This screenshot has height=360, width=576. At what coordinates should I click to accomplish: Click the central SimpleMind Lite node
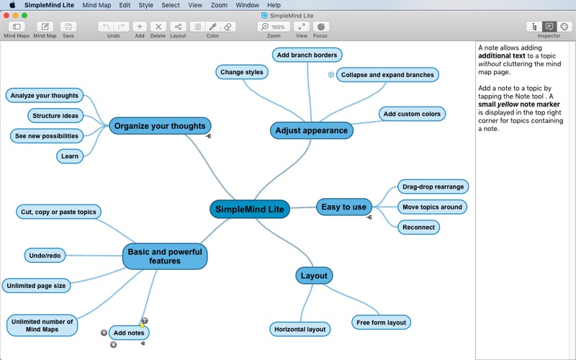250,209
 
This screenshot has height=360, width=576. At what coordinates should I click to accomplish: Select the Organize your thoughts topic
160,126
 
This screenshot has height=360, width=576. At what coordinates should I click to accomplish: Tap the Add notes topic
129,333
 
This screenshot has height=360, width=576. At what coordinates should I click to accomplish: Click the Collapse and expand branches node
387,75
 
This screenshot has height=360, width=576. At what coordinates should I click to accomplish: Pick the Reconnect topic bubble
418,228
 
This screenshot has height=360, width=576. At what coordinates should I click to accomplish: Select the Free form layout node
381,323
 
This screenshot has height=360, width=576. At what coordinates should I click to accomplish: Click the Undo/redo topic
45,256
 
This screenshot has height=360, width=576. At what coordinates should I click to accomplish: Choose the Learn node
70,156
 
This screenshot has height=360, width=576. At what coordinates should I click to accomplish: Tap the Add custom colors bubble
412,114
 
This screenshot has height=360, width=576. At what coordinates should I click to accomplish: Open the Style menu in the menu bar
146,5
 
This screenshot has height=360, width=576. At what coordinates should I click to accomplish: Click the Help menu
274,5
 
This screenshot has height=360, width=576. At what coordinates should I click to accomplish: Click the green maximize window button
24,15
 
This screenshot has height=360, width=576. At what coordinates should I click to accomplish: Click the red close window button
6,15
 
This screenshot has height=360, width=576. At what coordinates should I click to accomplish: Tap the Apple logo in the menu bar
12,5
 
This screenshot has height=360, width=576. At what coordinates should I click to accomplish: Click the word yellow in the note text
508,104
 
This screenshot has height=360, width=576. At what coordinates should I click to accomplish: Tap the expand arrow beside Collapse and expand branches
331,75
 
